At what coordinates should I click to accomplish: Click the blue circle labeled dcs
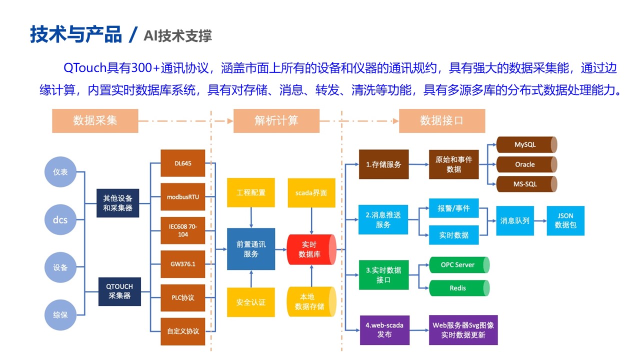coord(60,220)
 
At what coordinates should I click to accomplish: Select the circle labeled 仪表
coord(60,172)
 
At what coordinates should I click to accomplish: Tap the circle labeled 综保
coord(60,315)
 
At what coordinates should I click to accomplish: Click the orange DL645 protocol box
coord(183,163)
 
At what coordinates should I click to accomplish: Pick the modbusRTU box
coord(183,197)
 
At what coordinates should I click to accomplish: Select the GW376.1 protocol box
coord(183,264)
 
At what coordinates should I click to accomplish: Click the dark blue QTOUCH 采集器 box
coord(119,291)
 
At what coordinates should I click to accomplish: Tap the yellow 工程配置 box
coord(251,192)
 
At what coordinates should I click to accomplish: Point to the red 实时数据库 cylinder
coord(310,249)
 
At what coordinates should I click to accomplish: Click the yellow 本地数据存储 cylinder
coord(310,301)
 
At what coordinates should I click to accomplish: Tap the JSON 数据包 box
coord(565,220)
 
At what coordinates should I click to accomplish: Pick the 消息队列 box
coord(515,220)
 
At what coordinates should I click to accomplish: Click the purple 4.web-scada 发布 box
coord(384,329)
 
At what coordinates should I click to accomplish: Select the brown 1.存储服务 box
coord(383,164)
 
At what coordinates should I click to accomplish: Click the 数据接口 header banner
coord(442,120)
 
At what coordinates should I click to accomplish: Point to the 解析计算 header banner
coord(276,120)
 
